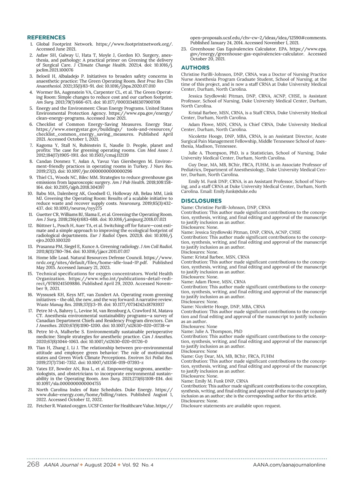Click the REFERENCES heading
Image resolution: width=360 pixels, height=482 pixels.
click(46, 38)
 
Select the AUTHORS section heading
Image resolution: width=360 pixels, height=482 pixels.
click(195, 68)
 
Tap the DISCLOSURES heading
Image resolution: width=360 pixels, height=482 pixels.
click(201, 201)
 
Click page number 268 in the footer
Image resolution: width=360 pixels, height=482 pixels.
click(33, 465)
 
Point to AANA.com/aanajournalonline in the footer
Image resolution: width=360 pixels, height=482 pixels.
click(289, 465)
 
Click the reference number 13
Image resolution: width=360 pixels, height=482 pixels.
click(30, 247)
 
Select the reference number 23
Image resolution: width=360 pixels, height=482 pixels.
click(184, 49)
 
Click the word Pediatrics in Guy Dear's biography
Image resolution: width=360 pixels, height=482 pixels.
click(192, 170)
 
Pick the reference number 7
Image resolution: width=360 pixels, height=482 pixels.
click(31, 146)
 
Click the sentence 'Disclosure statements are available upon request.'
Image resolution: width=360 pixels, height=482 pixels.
click(231, 406)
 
